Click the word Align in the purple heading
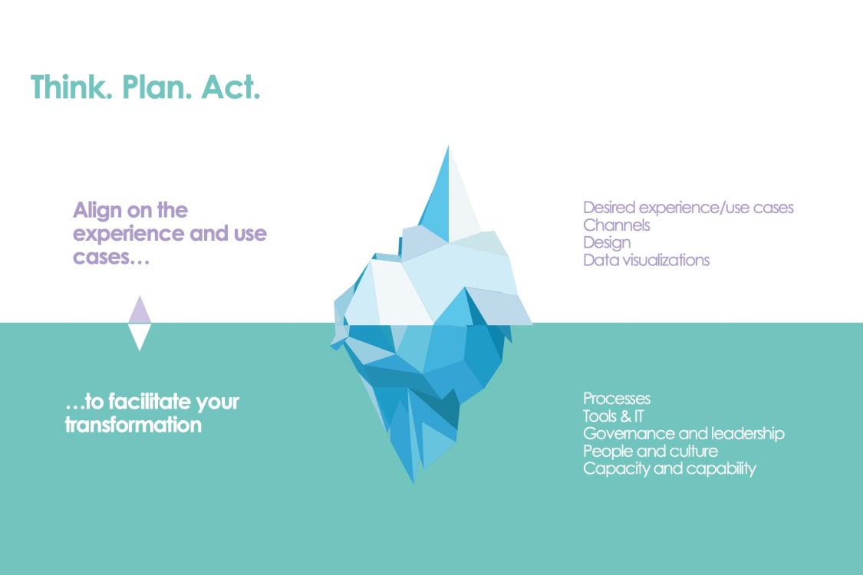click(97, 210)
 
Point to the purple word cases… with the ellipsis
click(111, 257)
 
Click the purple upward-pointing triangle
click(140, 309)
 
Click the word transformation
click(133, 425)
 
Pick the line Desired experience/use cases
click(689, 208)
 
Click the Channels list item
click(617, 225)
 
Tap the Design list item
click(607, 243)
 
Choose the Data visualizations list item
click(647, 260)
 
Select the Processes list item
click(617, 399)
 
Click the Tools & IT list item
click(614, 416)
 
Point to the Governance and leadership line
click(684, 434)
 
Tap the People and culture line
click(651, 452)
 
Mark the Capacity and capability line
click(670, 468)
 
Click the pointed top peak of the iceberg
click(448, 147)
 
